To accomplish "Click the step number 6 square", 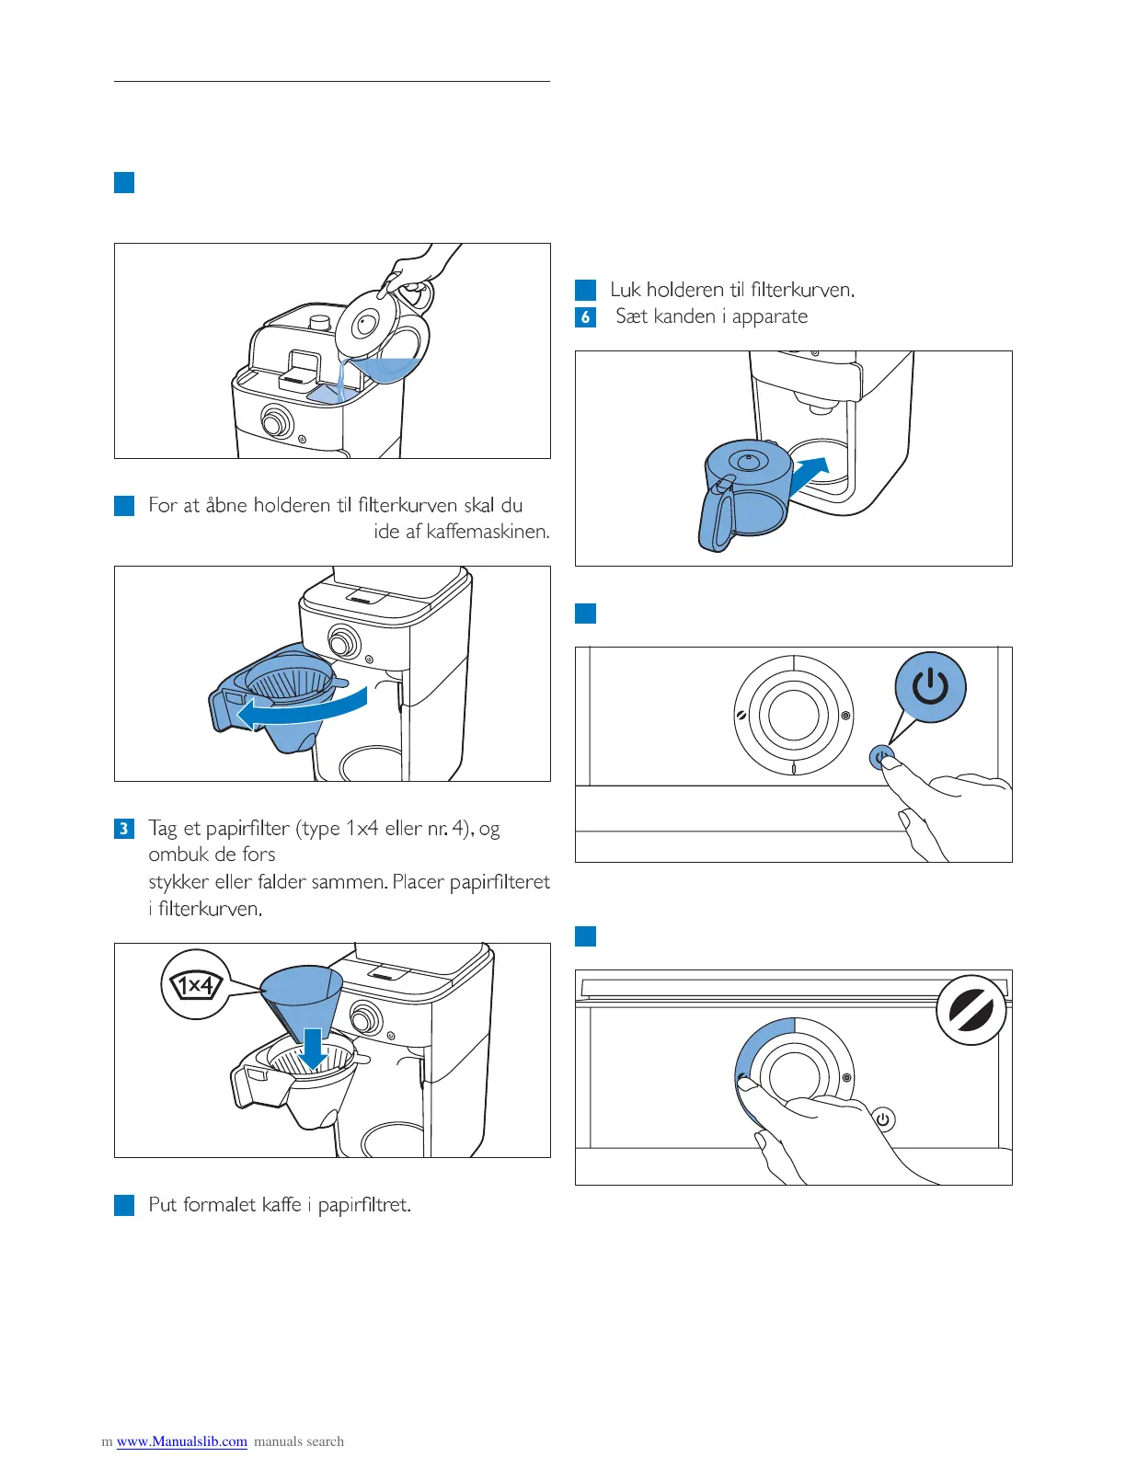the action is point(585,317).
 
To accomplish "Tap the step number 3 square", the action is point(124,829).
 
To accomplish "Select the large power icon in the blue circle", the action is point(930,687).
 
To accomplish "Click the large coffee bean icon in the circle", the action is point(971,1010).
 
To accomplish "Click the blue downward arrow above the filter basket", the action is point(314,1049).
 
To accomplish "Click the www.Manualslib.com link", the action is point(182,1441).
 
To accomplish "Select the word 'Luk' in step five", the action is point(626,290).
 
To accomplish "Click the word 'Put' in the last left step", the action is point(163,1205).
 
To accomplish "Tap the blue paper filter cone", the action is point(299,998).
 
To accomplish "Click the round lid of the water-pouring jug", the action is point(364,323).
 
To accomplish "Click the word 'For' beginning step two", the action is point(162,505).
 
